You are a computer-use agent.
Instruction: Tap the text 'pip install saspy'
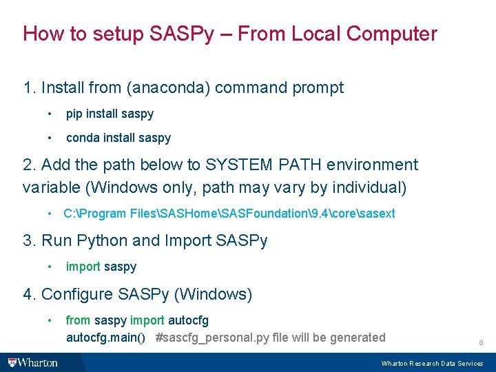110,114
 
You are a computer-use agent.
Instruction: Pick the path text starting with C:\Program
229,214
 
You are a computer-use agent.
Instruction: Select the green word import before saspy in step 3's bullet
83,267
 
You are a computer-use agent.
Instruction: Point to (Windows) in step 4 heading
213,295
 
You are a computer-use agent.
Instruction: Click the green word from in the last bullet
78,320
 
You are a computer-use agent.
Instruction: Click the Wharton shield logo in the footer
12,362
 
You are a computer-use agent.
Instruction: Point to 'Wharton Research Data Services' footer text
432,363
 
